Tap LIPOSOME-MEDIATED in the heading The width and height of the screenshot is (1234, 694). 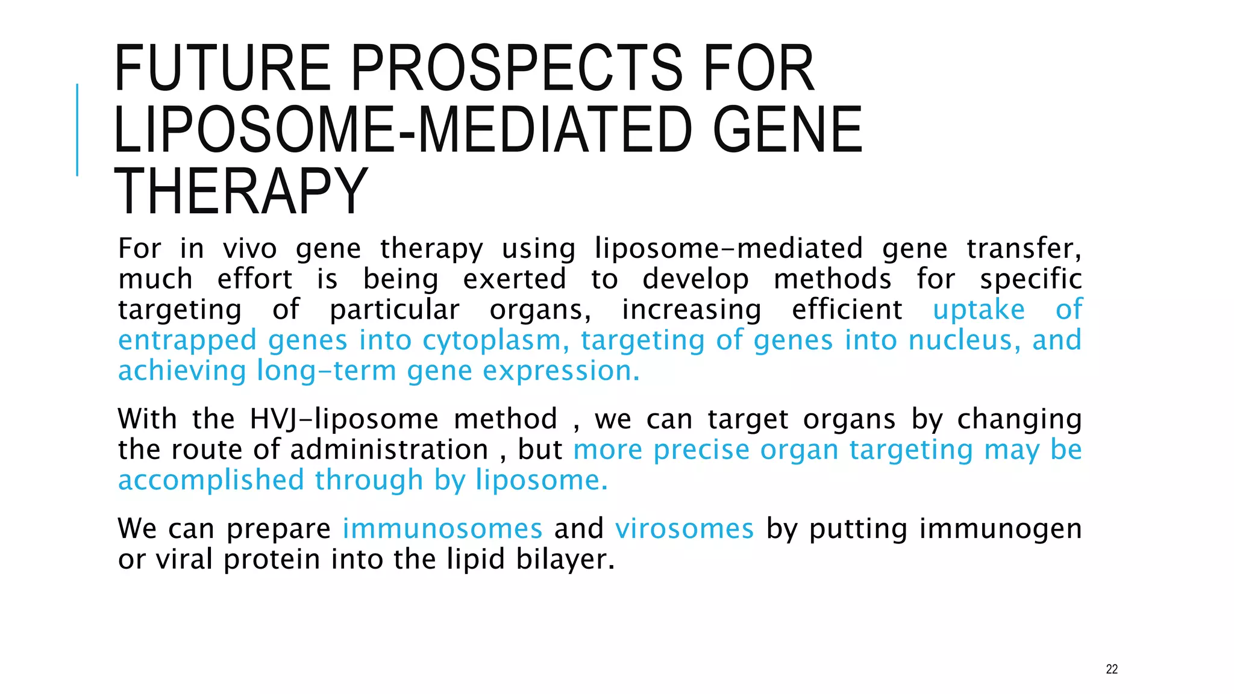402,130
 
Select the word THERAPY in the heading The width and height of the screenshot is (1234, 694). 240,192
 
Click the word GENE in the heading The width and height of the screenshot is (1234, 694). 788,130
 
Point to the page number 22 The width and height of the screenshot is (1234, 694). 1112,669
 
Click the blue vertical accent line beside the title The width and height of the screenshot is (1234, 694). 77,130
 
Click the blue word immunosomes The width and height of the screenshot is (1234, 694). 442,529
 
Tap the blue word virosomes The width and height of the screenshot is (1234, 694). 684,529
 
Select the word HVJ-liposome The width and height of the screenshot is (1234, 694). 344,419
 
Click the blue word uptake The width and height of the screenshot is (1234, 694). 979,310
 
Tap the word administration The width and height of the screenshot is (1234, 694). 389,450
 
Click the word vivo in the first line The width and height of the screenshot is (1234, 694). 249,249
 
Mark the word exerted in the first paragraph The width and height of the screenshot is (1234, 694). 514,280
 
